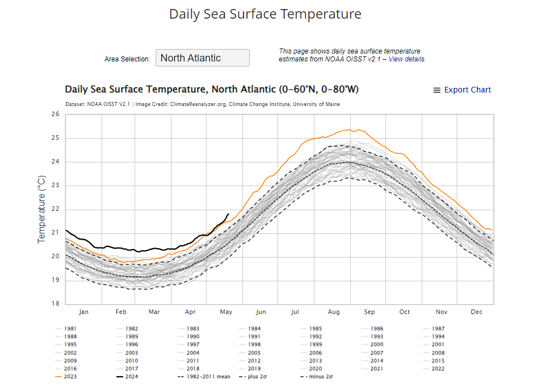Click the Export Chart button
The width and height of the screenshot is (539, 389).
pos(462,90)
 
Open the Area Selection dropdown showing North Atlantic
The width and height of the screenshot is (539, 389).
pos(202,58)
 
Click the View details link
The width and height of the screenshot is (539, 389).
pos(407,59)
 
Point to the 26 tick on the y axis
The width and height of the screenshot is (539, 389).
pos(55,114)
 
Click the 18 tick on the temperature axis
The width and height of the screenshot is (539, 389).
pos(55,303)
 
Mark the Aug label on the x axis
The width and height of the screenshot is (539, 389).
pos(334,312)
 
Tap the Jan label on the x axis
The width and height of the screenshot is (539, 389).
pos(83,312)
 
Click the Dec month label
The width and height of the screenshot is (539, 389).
pos(476,312)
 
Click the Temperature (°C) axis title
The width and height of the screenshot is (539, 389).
pos(41,209)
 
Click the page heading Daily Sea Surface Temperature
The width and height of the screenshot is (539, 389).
pos(265,14)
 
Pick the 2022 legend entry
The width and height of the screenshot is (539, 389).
pos(438,369)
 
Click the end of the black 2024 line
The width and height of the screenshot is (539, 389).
pos(228,214)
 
